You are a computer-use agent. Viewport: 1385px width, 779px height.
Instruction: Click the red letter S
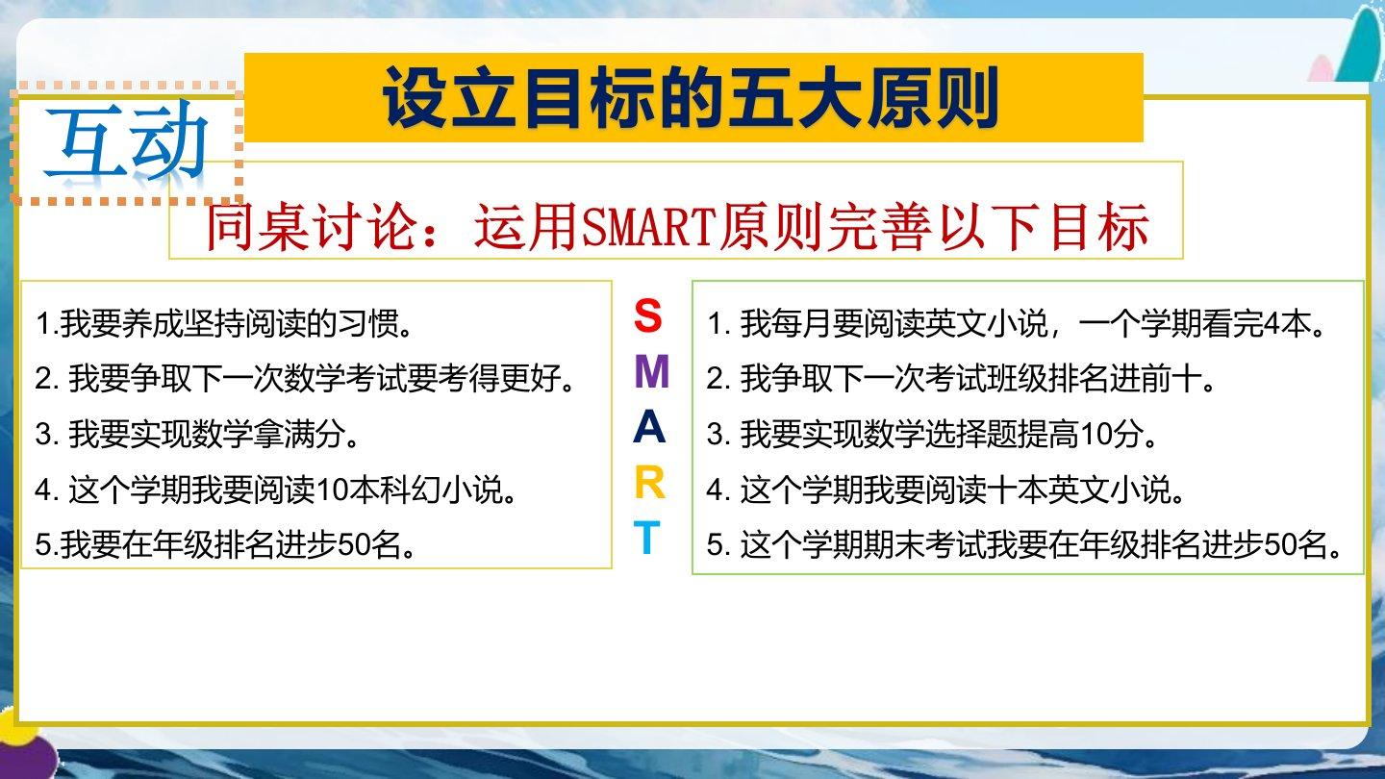[x=648, y=315]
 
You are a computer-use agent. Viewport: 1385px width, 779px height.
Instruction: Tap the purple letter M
[x=652, y=371]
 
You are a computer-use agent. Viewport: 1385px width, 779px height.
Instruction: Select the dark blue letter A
[x=649, y=427]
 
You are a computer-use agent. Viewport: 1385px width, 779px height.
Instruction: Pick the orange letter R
[x=650, y=483]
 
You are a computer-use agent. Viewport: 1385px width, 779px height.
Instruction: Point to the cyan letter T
[x=646, y=538]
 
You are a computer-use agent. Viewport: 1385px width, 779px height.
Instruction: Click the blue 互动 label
[x=126, y=143]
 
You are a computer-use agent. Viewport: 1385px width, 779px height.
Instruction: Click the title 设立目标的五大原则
[x=691, y=98]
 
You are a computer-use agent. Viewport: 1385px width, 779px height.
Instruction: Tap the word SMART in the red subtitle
[x=648, y=226]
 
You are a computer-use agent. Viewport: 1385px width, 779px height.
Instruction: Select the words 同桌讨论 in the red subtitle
[x=310, y=226]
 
